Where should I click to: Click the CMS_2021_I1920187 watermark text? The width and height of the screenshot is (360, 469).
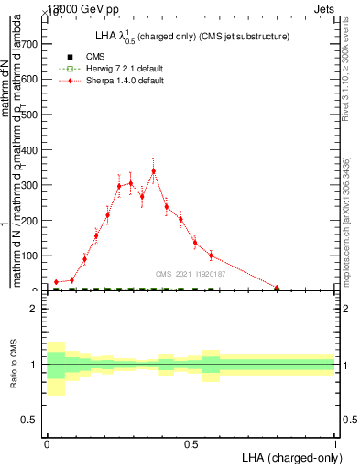191,273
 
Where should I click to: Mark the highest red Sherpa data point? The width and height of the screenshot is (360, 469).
154,171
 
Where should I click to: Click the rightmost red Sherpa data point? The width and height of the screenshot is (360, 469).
277,288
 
